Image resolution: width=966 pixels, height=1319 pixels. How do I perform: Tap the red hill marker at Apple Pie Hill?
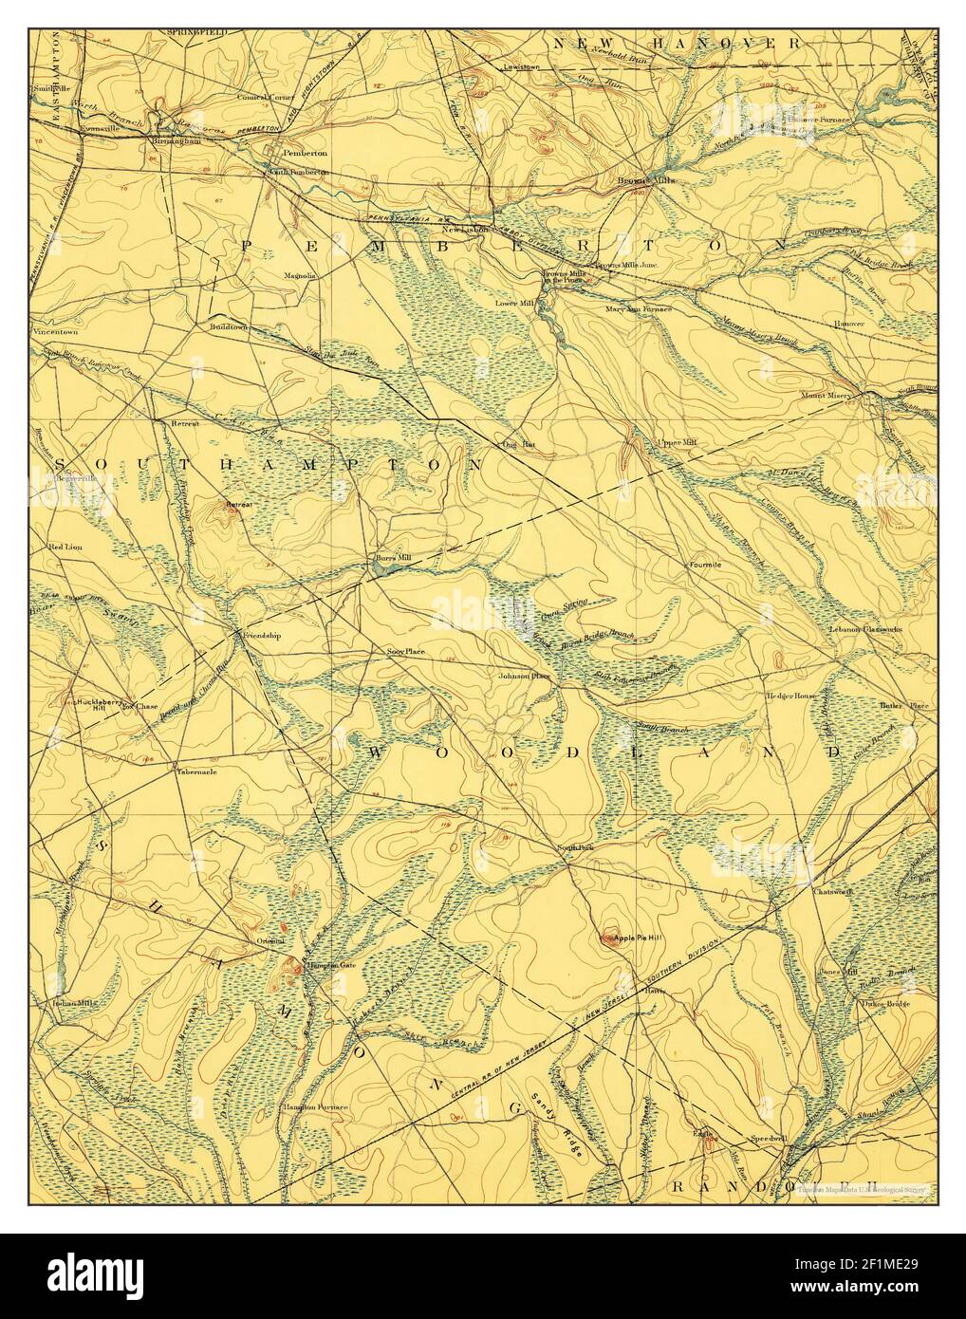pyautogui.click(x=606, y=938)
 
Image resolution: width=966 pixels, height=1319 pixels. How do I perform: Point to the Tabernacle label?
pyautogui.click(x=196, y=771)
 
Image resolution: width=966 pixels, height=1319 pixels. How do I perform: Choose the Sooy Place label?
pyautogui.click(x=405, y=653)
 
